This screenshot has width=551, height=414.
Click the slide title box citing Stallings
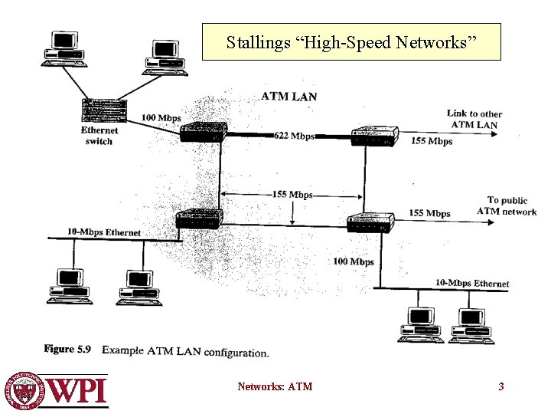351,42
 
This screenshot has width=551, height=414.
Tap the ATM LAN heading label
289,97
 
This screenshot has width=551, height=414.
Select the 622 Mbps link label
294,136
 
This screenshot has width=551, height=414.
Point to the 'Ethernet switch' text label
99,136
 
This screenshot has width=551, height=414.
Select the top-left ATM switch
204,131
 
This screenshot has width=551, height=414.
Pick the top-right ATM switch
375,136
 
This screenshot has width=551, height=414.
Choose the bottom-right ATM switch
370,222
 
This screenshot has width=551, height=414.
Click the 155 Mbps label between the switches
292,195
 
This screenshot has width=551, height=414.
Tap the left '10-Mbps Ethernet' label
104,232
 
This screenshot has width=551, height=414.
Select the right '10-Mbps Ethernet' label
471,284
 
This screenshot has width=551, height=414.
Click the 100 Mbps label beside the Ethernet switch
161,118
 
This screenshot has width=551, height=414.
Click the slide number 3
501,386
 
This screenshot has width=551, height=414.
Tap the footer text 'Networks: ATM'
275,386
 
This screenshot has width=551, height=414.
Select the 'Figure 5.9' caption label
67,350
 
